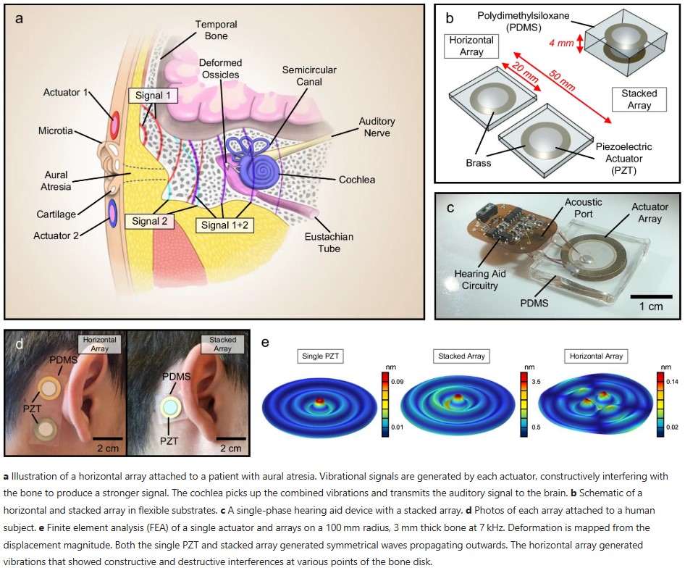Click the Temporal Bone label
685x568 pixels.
pos(216,30)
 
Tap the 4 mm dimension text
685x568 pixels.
pos(562,43)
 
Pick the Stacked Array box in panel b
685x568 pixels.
pos(639,99)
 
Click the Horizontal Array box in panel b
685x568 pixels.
pos(471,46)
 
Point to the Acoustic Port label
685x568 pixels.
pos(583,208)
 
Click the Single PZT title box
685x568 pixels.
pos(322,356)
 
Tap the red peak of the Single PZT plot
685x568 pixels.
pos(319,398)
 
